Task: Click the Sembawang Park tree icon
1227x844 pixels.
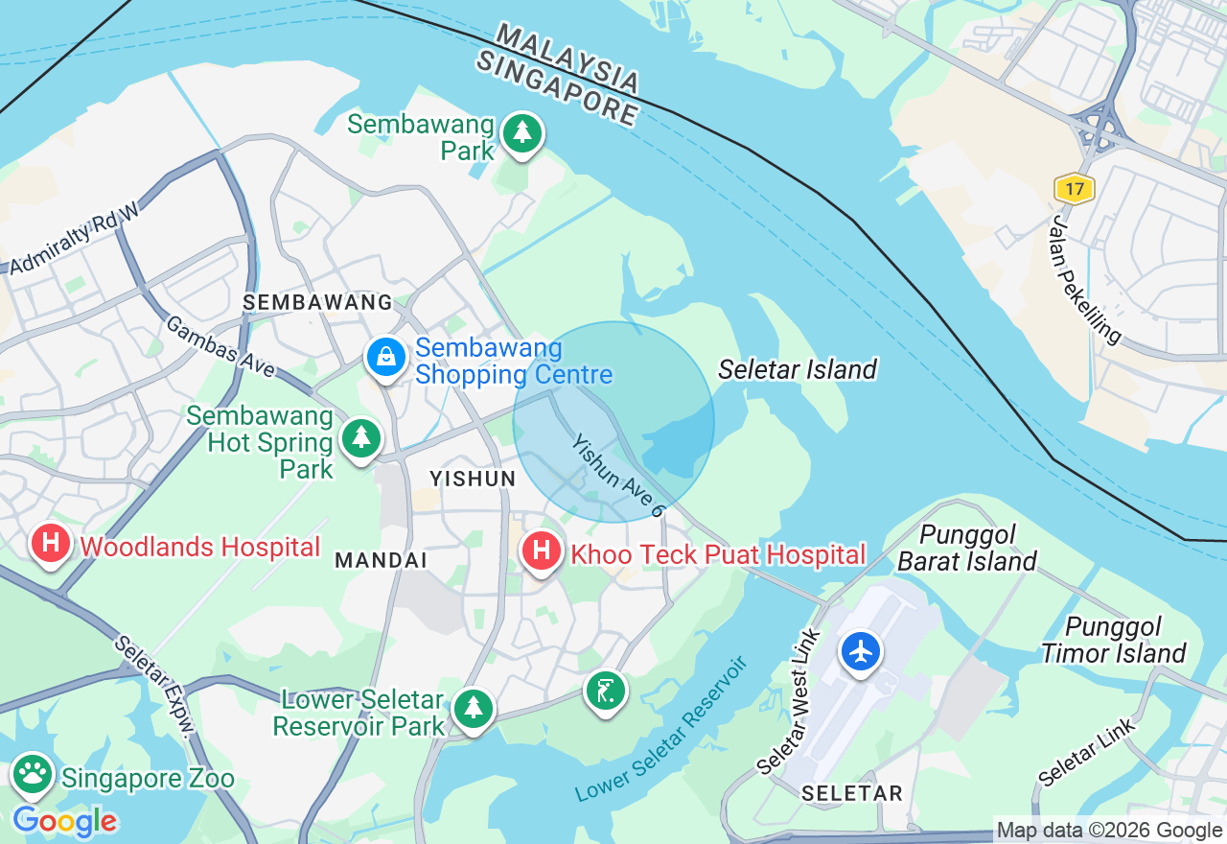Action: click(x=521, y=133)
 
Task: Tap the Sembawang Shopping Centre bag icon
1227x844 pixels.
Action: click(x=385, y=357)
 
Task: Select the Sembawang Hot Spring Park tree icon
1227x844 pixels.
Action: click(x=361, y=437)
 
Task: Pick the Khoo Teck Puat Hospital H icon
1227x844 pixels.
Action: click(x=542, y=551)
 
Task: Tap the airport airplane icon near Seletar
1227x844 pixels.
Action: click(x=861, y=651)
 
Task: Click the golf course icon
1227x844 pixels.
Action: click(x=606, y=690)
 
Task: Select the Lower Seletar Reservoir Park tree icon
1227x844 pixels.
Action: click(x=473, y=709)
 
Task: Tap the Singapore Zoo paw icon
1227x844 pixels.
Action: click(x=33, y=773)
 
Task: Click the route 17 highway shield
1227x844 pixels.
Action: click(x=1075, y=189)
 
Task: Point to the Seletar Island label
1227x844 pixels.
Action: click(x=798, y=369)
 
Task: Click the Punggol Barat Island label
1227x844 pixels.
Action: click(x=967, y=548)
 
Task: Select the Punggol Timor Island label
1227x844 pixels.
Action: click(x=1113, y=641)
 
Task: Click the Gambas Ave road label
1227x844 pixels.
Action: click(x=220, y=346)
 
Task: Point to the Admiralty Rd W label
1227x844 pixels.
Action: click(x=75, y=239)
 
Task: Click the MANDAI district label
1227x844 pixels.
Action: click(x=381, y=559)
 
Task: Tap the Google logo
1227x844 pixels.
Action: click(x=65, y=821)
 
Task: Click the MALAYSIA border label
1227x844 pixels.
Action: click(x=568, y=59)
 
